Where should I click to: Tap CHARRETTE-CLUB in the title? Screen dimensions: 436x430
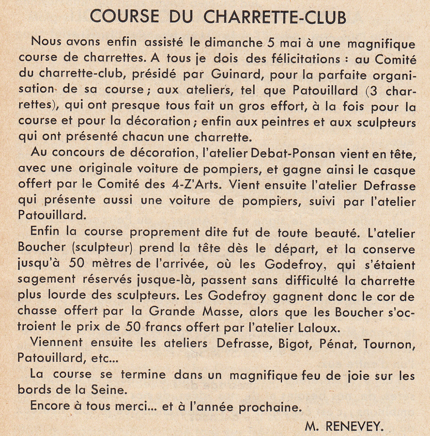tap(275, 17)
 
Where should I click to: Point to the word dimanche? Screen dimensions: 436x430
tap(233, 43)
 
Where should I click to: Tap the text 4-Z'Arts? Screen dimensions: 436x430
tap(195, 185)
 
